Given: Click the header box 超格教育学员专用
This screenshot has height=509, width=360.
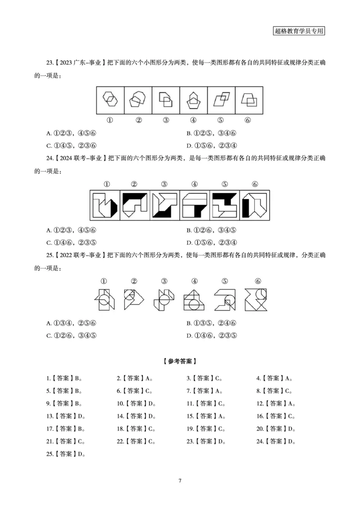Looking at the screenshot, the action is [x=299, y=31].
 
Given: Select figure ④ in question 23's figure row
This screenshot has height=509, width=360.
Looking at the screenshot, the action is [x=193, y=99].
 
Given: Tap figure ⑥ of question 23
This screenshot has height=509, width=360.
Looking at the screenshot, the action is [x=248, y=99].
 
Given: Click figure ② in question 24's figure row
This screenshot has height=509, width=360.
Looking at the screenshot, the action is [x=135, y=206].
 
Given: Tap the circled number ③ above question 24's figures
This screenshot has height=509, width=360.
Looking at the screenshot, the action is [x=164, y=184].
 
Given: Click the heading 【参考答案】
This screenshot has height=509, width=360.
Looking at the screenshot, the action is [x=180, y=361].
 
